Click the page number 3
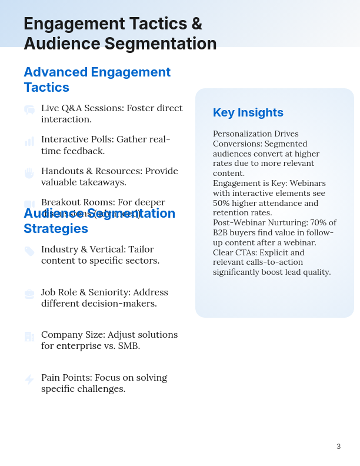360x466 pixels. click(x=339, y=447)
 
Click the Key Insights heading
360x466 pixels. click(x=248, y=112)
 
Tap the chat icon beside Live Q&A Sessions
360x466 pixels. click(x=29, y=110)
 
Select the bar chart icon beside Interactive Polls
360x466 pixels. click(x=29, y=141)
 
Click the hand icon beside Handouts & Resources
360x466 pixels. click(x=29, y=173)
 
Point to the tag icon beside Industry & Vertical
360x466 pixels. click(x=29, y=251)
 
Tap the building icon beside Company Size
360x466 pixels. click(x=29, y=337)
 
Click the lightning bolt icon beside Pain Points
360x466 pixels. click(x=29, y=380)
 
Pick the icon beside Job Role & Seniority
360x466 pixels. click(x=29, y=294)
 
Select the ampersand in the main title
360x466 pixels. click(x=196, y=24)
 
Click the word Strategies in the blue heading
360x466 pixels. click(x=56, y=228)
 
